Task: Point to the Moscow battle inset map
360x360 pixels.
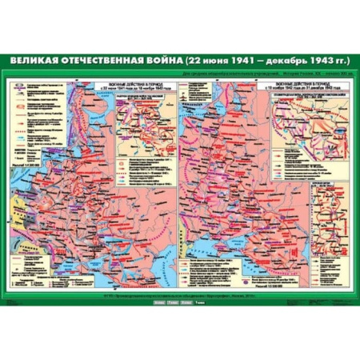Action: coord(144,120)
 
